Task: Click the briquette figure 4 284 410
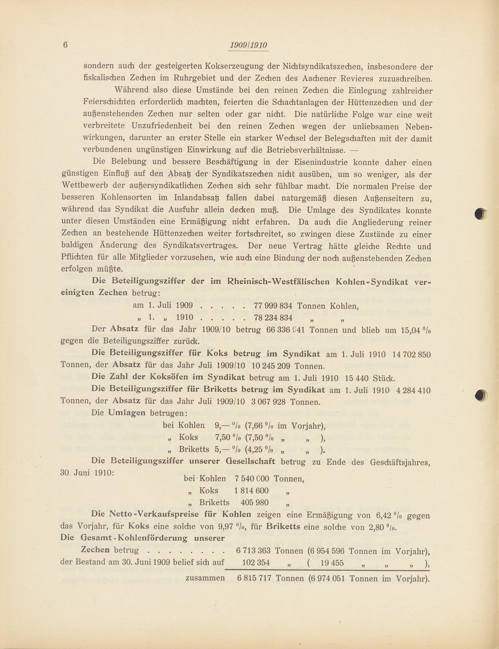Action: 413,390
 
